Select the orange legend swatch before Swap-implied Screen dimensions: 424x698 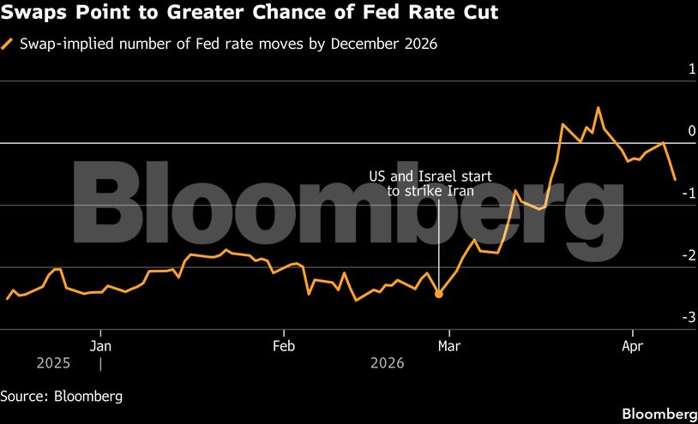click(x=8, y=45)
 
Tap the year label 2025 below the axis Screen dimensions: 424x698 click(x=53, y=363)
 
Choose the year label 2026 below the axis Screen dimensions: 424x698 click(x=387, y=363)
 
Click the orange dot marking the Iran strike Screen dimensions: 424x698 click(x=439, y=294)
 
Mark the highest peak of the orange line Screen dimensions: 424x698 click(x=598, y=108)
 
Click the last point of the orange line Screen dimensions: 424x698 click(x=675, y=179)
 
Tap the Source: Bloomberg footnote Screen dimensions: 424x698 click(x=62, y=396)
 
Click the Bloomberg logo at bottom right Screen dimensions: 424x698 click(x=659, y=413)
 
